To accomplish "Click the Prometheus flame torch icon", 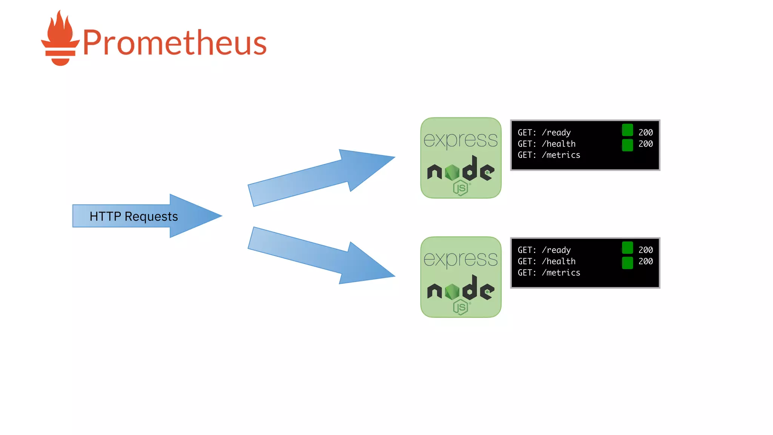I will (x=60, y=39).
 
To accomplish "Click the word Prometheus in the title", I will (x=174, y=43).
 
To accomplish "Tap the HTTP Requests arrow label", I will (x=134, y=216).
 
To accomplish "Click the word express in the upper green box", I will (x=460, y=140).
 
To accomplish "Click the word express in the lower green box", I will (x=460, y=259).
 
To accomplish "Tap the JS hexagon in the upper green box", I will (x=460, y=188).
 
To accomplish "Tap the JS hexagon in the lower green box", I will (x=460, y=307).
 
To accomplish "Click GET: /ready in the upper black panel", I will (x=544, y=133).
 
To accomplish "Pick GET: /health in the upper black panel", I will (x=547, y=144).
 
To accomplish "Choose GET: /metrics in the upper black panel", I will (x=549, y=155).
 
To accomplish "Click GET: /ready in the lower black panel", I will (x=544, y=250).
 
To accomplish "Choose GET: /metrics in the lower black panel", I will (x=549, y=273).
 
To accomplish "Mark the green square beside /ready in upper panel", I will (x=627, y=130).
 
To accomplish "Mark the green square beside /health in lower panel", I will (x=627, y=263).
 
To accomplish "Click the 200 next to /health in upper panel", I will (x=645, y=144).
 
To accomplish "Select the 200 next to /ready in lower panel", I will (x=645, y=250).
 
